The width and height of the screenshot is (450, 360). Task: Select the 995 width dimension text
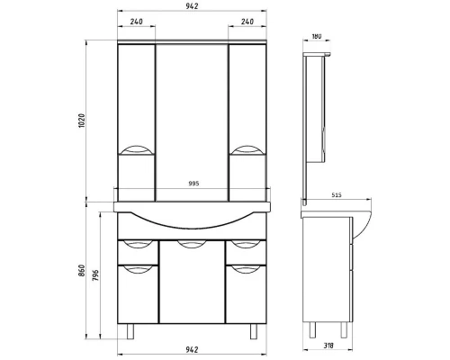[x=193, y=183]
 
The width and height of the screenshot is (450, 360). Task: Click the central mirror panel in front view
[x=193, y=112]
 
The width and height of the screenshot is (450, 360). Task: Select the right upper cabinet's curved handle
[x=247, y=150]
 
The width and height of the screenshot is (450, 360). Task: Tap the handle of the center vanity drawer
[x=193, y=244]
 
